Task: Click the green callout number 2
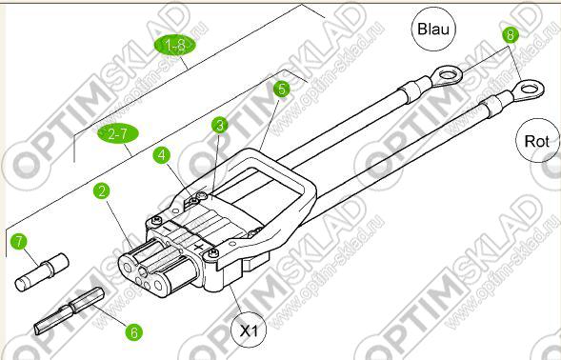click(x=102, y=191)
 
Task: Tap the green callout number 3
click(x=220, y=126)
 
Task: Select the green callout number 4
click(x=162, y=155)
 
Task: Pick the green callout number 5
click(x=282, y=90)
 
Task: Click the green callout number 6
click(x=133, y=332)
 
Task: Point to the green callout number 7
click(x=19, y=241)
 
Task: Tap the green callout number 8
click(x=511, y=35)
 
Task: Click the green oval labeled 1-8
click(x=175, y=46)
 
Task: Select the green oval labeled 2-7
click(x=118, y=134)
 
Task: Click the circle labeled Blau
click(x=433, y=29)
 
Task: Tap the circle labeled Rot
click(x=536, y=141)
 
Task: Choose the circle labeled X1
click(x=249, y=330)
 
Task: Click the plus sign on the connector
click(x=198, y=247)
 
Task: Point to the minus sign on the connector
click(x=166, y=227)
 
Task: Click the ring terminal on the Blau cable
click(x=446, y=76)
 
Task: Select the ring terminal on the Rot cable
click(x=528, y=88)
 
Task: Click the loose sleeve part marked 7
click(x=42, y=272)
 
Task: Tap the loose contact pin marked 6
click(x=69, y=311)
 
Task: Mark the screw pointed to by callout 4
click(x=194, y=202)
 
